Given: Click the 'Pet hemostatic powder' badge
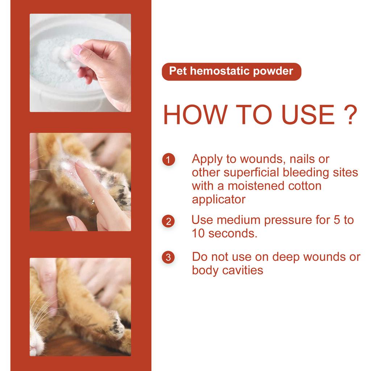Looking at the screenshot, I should tap(231, 71).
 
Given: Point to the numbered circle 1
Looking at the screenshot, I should tap(168, 159).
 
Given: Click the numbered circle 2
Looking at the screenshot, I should tap(168, 221).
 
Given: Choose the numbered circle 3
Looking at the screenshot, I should tap(168, 258).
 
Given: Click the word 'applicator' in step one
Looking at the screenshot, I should tap(218, 200).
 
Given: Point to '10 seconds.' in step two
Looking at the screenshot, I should tap(224, 234).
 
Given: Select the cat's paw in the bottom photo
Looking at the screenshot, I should tap(116, 326).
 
